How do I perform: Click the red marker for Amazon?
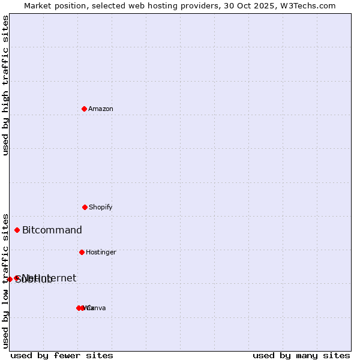(84, 109)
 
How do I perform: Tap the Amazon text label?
(101, 109)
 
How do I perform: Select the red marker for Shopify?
(85, 207)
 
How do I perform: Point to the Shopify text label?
(101, 207)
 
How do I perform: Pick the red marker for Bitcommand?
(17, 230)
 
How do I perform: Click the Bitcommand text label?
(52, 230)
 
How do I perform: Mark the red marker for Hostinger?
(82, 252)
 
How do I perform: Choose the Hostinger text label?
(101, 252)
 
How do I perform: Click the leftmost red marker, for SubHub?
(10, 279)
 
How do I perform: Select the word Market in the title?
(38, 5)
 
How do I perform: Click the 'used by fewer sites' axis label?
(62, 355)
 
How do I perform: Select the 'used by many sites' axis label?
(301, 355)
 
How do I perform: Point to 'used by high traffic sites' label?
(5, 85)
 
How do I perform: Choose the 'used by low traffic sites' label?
(5, 281)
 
